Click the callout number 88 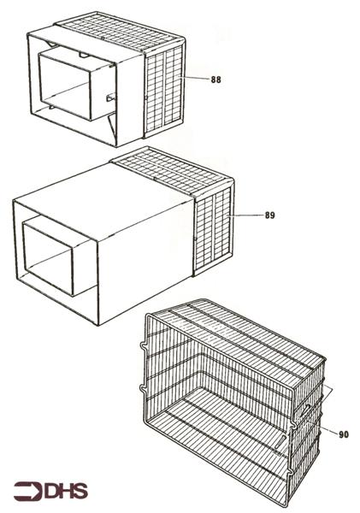pyautogui.click(x=215, y=80)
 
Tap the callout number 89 pyautogui.click(x=269, y=215)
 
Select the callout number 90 pyautogui.click(x=344, y=435)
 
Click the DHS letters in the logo pyautogui.click(x=67, y=491)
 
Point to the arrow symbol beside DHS pyautogui.click(x=28, y=491)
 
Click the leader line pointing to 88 pyautogui.click(x=194, y=78)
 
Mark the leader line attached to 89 pyautogui.click(x=245, y=215)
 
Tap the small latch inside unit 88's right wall pyautogui.click(x=110, y=97)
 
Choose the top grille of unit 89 pyautogui.click(x=171, y=173)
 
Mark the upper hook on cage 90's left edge pyautogui.click(x=143, y=346)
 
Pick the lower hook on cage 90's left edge pyautogui.click(x=143, y=388)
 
